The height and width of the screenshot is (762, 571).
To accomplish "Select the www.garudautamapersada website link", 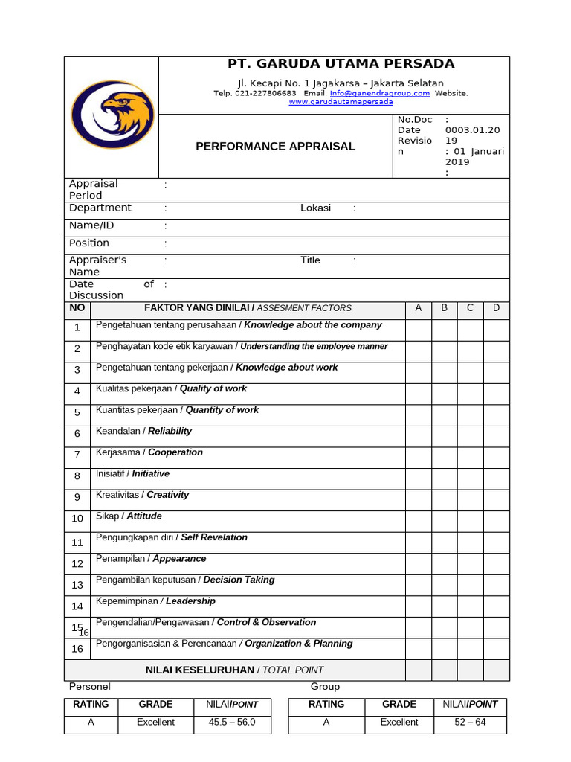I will coord(341,102).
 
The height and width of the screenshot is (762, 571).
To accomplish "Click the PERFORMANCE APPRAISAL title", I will coord(275,147).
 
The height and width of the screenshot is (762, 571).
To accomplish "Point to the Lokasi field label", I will coord(315,208).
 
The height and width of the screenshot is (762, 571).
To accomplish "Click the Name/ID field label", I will coord(91,225).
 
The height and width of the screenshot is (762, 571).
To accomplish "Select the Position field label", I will coord(89,243).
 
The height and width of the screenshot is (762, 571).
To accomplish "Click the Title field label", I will coord(310,260).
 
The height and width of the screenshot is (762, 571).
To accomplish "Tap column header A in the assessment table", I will coord(418,308).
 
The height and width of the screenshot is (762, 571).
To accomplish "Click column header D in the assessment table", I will coord(496,308).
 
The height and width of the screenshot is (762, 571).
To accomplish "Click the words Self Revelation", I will coord(214,537).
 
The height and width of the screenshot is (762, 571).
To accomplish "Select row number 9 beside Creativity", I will coord(77,498).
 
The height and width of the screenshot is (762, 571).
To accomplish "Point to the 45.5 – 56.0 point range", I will coord(231,723).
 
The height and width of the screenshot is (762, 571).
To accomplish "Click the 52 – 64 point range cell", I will coord(470,723).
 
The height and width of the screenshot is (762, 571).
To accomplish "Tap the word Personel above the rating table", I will coord(90,687).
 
